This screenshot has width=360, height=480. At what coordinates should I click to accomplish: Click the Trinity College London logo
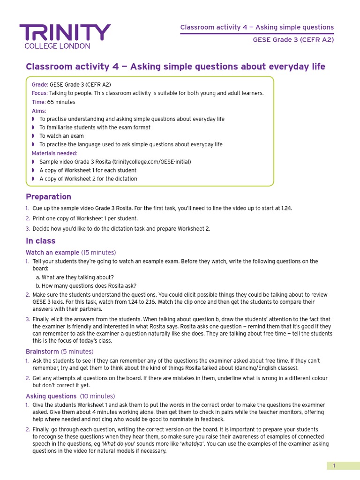[65, 36]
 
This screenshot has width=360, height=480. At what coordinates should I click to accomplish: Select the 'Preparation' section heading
[48, 197]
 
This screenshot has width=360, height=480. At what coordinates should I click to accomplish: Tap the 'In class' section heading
[40, 241]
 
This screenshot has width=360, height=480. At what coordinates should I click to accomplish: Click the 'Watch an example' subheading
[52, 253]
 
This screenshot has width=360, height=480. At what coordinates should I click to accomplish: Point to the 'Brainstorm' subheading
[42, 352]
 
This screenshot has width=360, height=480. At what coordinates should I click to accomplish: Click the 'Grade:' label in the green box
[39, 85]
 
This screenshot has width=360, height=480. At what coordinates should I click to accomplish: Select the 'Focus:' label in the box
[39, 93]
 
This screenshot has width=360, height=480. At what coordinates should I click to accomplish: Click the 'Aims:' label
[39, 111]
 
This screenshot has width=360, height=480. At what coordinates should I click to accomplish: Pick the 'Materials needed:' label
[54, 153]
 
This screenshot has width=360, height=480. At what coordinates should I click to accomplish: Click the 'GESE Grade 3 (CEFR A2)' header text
[293, 40]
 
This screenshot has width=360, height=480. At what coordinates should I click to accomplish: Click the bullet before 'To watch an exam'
[33, 136]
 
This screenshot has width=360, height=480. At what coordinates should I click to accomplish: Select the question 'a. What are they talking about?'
[75, 277]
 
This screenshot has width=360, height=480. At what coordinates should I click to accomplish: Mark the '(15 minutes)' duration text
[98, 253]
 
